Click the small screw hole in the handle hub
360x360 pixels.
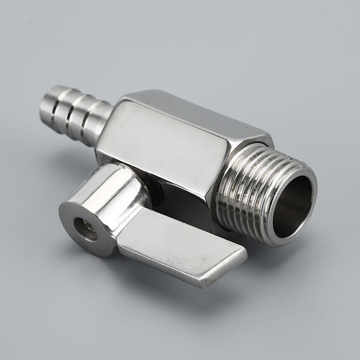[89, 230]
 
